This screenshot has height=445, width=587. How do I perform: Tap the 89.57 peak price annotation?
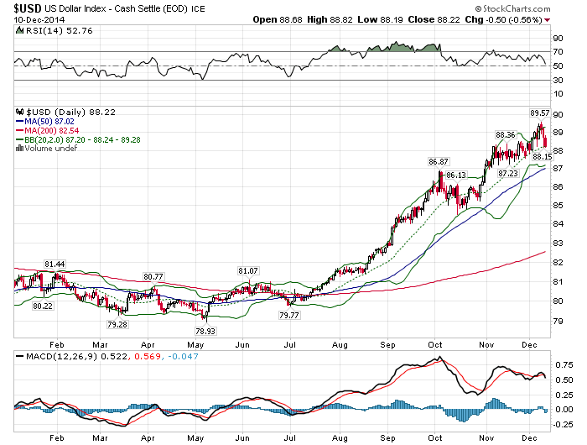coord(539,112)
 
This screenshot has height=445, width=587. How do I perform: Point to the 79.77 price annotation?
coord(288,315)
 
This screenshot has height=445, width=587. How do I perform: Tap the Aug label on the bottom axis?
coord(339,344)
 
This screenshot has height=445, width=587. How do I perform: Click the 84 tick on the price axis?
coord(557,224)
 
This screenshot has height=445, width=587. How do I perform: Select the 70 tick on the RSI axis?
coord(557,52)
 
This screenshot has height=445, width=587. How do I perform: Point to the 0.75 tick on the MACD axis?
coord(561,366)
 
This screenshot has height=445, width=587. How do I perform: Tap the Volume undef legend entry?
coord(52,149)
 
